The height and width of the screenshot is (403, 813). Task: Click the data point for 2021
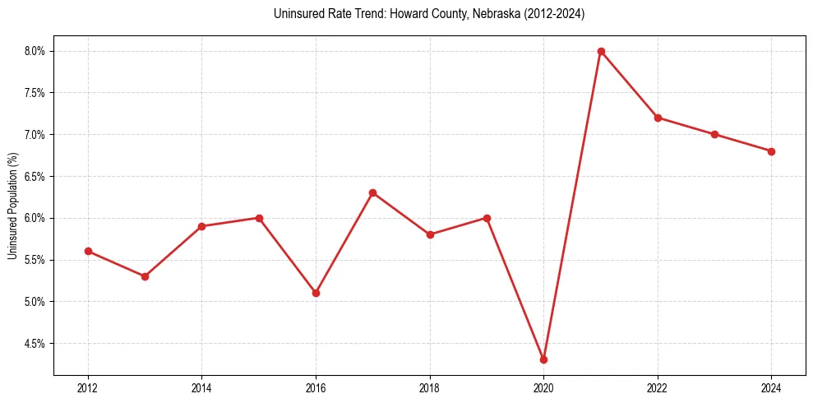601,51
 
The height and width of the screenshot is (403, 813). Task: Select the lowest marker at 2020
543,359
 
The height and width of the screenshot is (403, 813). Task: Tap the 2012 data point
88,251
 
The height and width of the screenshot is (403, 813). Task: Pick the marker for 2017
372,192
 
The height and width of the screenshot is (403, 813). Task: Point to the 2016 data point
316,293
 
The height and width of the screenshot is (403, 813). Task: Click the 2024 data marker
771,151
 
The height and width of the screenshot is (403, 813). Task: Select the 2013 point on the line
145,276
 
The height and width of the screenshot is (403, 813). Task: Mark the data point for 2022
658,118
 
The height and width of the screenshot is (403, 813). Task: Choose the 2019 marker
487,218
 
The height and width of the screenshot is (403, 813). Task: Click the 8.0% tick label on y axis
35,51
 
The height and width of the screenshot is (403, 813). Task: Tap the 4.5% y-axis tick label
35,343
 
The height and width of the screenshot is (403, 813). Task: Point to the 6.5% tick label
35,176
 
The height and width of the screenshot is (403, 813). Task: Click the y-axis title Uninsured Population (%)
12,206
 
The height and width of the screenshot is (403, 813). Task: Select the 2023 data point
714,134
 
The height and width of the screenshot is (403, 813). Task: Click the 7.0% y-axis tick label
35,134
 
